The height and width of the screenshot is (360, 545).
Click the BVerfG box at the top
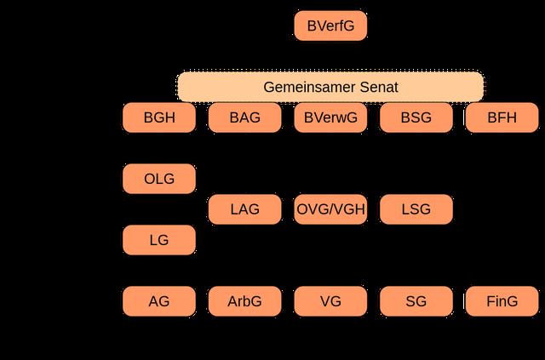pos(330,26)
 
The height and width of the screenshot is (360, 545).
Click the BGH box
pos(159,118)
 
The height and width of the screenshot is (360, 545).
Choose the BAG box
pos(244,118)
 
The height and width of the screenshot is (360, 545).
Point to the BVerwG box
pos(330,118)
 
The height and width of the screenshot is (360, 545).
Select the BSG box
pos(416,118)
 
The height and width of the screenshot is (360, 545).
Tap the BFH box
pos(502,118)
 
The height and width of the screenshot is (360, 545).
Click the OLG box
pos(159,179)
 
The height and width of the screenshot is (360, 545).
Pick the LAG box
pos(244,209)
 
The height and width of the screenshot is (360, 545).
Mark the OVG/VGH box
pos(330,209)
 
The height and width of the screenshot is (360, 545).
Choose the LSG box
pos(416,209)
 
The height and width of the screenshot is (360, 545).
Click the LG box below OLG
pos(159,240)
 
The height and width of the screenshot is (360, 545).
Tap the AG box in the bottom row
pos(159,301)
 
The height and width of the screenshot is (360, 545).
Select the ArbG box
pos(244,301)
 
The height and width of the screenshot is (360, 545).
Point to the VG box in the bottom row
pos(330,301)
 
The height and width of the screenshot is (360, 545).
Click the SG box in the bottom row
pos(416,301)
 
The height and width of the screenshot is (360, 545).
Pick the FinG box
pos(502,301)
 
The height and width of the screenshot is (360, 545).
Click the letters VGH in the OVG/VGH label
pos(348,209)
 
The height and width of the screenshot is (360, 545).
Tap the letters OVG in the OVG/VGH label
pos(312,209)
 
